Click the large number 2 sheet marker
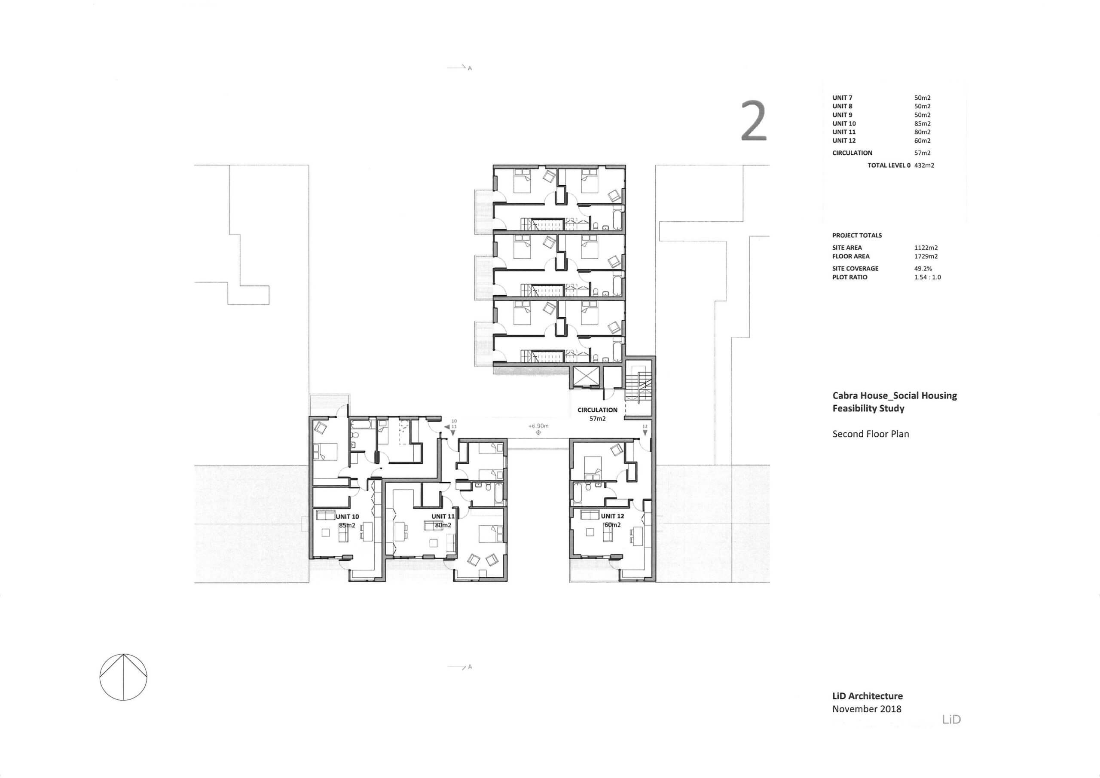pyautogui.click(x=754, y=121)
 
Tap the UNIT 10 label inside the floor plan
pyautogui.click(x=347, y=517)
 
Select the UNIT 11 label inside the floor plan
pyautogui.click(x=443, y=516)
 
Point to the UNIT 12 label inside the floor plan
pyautogui.click(x=612, y=516)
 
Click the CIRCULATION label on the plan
pyautogui.click(x=597, y=410)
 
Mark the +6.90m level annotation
pyautogui.click(x=538, y=426)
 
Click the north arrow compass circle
pyautogui.click(x=123, y=677)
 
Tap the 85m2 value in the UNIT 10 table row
pyautogui.click(x=922, y=124)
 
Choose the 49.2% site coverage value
pyautogui.click(x=923, y=269)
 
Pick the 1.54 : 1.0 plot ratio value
pyautogui.click(x=927, y=278)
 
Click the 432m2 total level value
pyautogui.click(x=924, y=165)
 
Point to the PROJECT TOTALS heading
pyautogui.click(x=857, y=236)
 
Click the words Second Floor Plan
pyautogui.click(x=871, y=434)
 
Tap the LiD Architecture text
pyautogui.click(x=867, y=696)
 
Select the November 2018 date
pyautogui.click(x=867, y=709)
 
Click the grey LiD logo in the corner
pyautogui.click(x=951, y=720)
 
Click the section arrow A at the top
pyautogui.click(x=459, y=68)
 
